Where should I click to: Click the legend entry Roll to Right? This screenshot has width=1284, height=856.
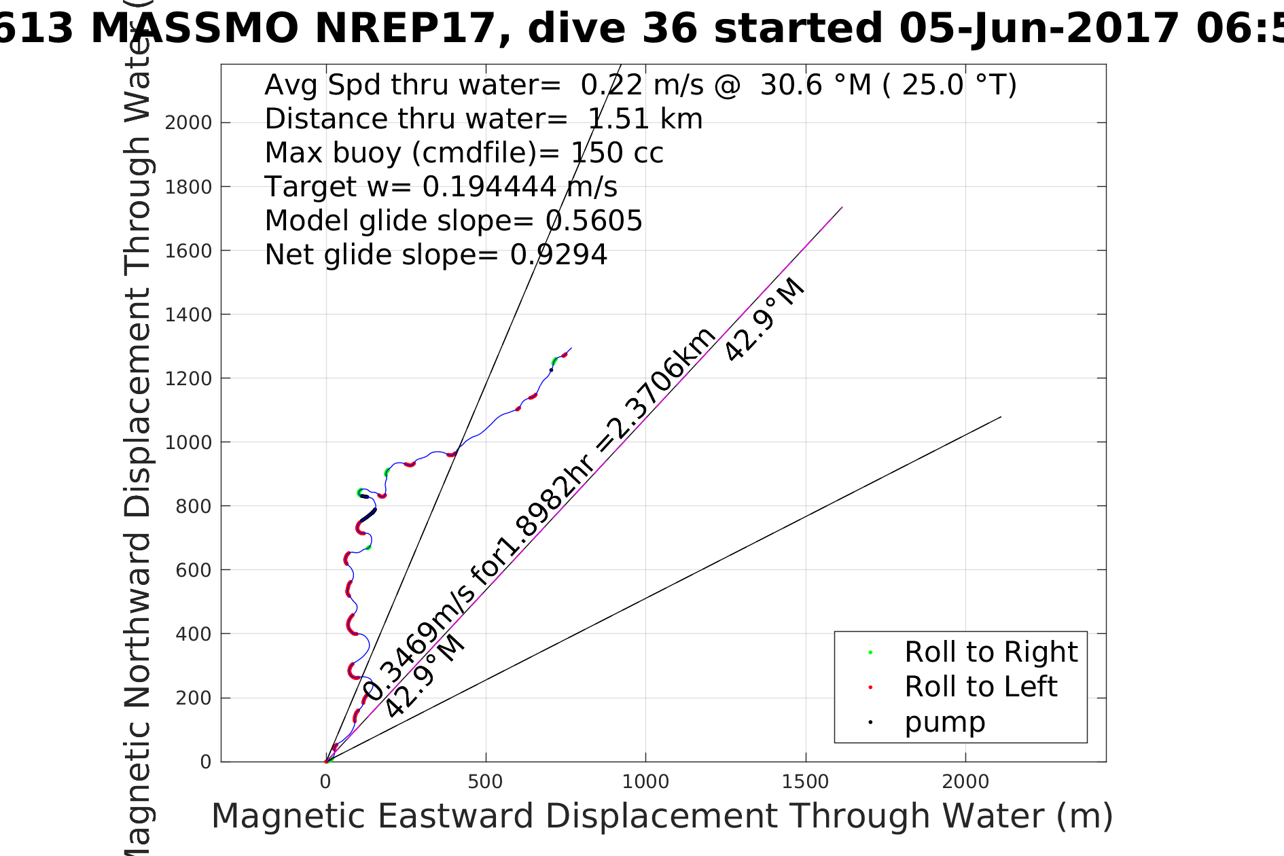pyautogui.click(x=991, y=652)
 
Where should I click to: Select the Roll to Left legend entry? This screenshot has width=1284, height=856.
pyautogui.click(x=980, y=687)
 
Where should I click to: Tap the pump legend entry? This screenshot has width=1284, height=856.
pyautogui.click(x=944, y=722)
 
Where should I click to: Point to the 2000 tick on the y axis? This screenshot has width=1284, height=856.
pyautogui.click(x=188, y=123)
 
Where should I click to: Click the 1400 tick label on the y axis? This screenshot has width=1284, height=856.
pyautogui.click(x=188, y=315)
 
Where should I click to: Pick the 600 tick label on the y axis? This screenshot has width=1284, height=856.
pyautogui.click(x=194, y=570)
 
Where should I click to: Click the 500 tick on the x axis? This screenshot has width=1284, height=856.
pyautogui.click(x=486, y=782)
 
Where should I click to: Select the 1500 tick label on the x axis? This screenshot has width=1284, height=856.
pyautogui.click(x=806, y=782)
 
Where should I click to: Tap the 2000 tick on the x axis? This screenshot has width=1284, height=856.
pyautogui.click(x=965, y=782)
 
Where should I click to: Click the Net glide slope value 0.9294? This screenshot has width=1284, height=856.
pyautogui.click(x=558, y=255)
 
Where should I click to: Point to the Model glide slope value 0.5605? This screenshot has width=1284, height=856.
pyautogui.click(x=594, y=221)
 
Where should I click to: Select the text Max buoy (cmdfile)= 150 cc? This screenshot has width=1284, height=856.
pyautogui.click(x=464, y=153)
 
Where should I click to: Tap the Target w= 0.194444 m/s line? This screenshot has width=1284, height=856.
pyautogui.click(x=441, y=187)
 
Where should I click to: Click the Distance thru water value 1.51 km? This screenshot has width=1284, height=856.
pyautogui.click(x=645, y=119)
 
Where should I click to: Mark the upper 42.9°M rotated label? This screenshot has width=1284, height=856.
pyautogui.click(x=764, y=321)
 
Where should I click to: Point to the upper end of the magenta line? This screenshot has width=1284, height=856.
pyautogui.click(x=842, y=207)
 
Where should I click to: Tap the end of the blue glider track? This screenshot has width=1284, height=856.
pyautogui.click(x=571, y=348)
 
